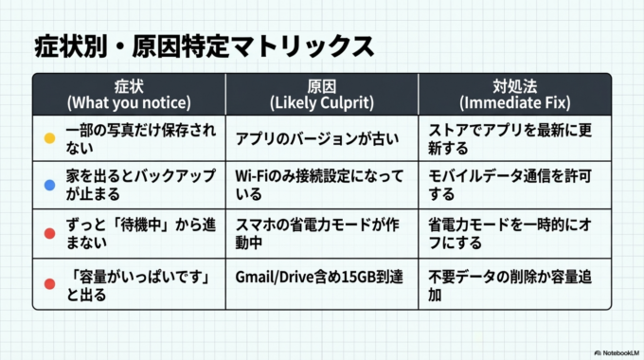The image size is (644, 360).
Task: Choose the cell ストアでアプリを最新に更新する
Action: pyautogui.click(x=514, y=138)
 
